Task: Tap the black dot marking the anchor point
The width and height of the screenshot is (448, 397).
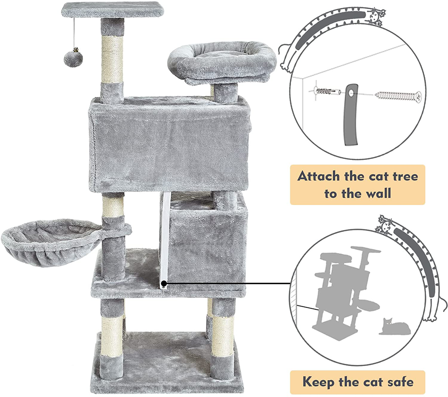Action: (x=164, y=283)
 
